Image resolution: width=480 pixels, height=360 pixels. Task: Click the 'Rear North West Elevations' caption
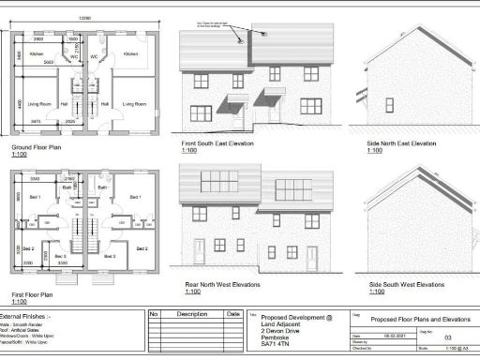click(221, 284)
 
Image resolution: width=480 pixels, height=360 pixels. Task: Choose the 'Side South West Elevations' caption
click(406, 284)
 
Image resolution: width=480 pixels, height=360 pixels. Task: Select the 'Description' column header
click(191, 314)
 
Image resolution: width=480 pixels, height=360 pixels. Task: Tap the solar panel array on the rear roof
click(217, 181)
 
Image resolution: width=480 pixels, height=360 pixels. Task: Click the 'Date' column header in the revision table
click(232, 314)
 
